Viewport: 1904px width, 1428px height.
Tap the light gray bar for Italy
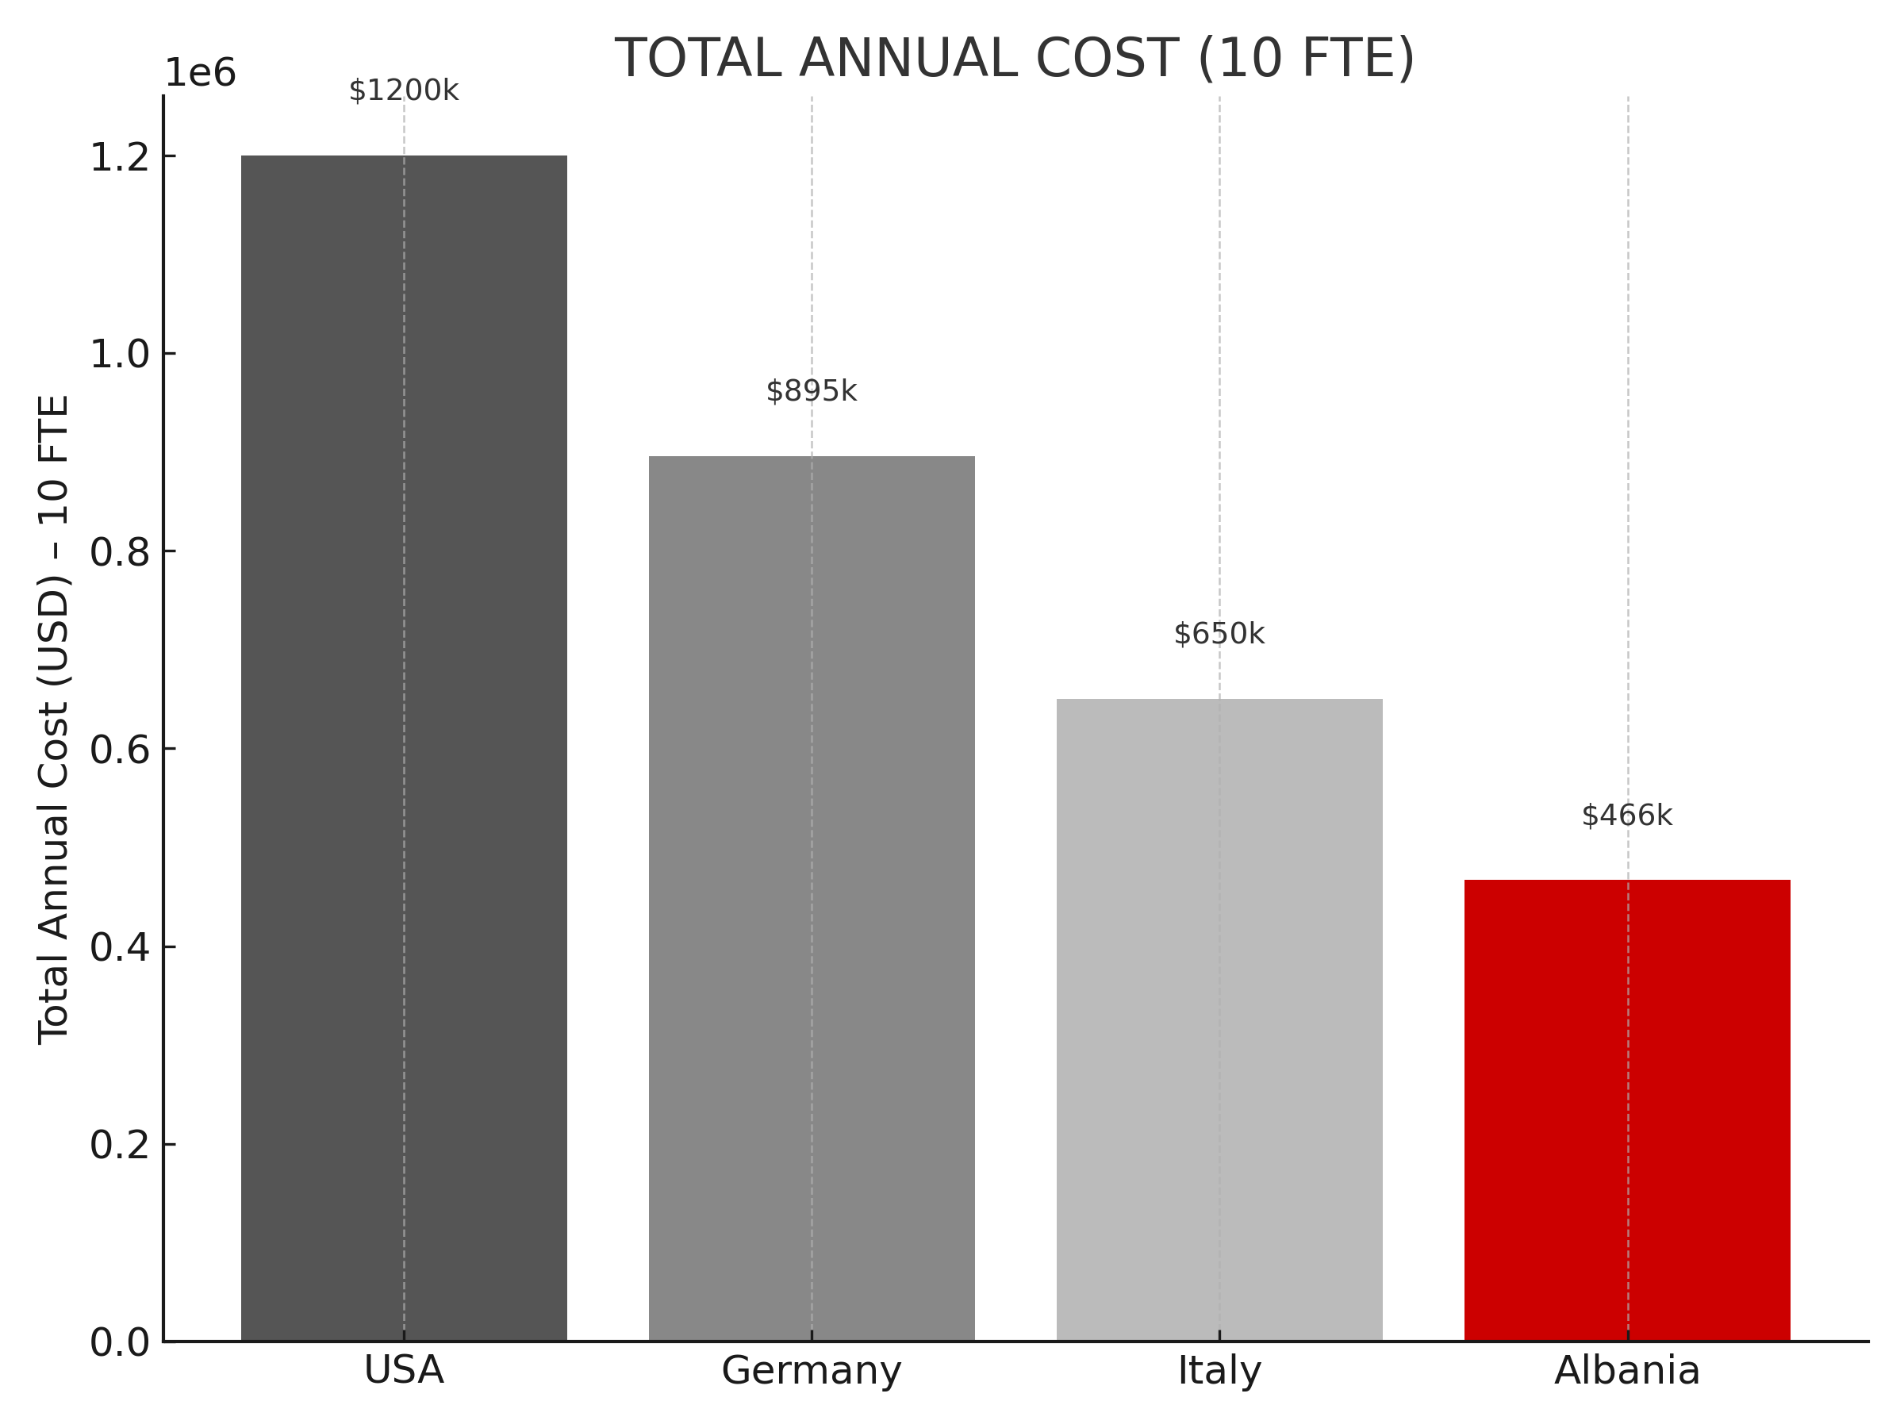[x=1219, y=1019]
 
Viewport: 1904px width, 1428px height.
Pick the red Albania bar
[x=1627, y=1110]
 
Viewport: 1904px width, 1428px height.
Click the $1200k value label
[x=404, y=90]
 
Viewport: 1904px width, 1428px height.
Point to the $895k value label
[x=812, y=391]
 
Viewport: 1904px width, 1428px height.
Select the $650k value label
[x=1219, y=634]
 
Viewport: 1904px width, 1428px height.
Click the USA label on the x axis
[x=404, y=1370]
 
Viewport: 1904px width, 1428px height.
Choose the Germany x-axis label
[x=812, y=1370]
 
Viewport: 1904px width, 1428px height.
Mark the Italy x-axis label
[x=1219, y=1370]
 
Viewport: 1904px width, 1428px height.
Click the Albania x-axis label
[x=1627, y=1370]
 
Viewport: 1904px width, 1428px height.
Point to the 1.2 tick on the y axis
[x=121, y=156]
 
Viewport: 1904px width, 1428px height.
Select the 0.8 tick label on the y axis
[x=121, y=551]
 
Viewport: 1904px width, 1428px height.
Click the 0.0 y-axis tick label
[x=121, y=1343]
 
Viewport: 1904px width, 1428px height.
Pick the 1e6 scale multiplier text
[x=200, y=73]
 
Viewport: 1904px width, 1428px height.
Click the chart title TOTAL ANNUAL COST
[x=1015, y=59]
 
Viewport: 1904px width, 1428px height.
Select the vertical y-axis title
[x=53, y=719]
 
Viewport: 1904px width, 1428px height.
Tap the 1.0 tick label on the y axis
[x=121, y=354]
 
